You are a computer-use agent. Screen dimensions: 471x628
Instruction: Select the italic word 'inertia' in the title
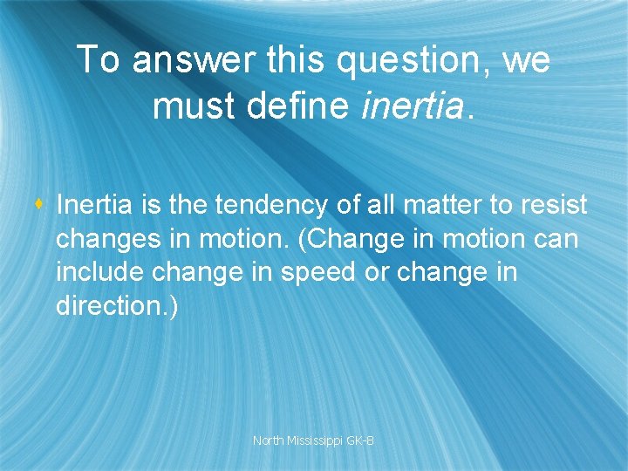click(x=413, y=106)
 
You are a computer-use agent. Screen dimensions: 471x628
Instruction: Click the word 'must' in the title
click(x=190, y=106)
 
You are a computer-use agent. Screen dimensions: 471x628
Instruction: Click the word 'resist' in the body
click(x=555, y=206)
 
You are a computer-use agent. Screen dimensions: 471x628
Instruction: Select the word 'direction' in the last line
click(x=110, y=306)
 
